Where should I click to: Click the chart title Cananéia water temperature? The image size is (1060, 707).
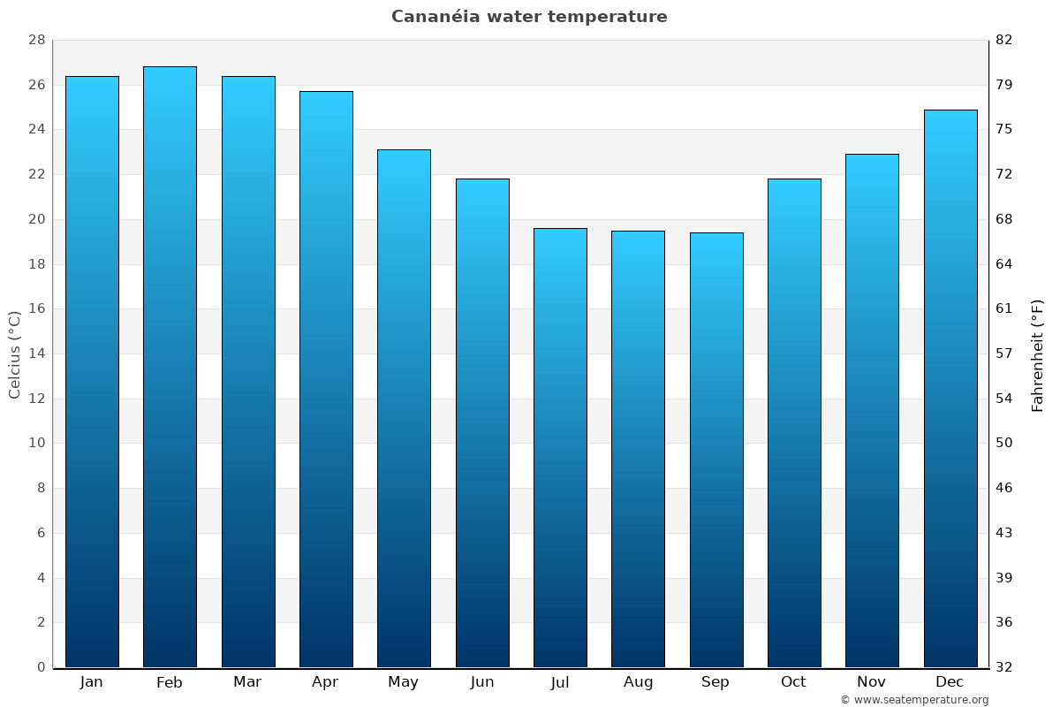coord(529,17)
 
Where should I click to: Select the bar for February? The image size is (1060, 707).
coord(170,367)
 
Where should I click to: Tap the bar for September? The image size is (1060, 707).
coord(716,450)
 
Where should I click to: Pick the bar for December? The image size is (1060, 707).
coord(950,389)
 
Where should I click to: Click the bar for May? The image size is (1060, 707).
coord(404,408)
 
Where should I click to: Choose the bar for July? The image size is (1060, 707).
coord(560,448)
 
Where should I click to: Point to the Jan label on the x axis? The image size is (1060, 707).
coord(91,682)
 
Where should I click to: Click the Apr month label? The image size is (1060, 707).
coord(325,682)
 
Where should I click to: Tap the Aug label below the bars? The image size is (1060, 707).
coord(638,682)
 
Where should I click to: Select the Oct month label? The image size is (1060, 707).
coord(793,682)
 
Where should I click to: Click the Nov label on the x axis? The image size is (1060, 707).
coord(872,682)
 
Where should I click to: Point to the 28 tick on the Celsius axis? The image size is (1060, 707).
coord(36,41)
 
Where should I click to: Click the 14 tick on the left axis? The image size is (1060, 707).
coord(36,353)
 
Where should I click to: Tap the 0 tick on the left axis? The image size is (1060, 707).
coord(41,667)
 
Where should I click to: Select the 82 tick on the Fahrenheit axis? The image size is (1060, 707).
coord(1004,41)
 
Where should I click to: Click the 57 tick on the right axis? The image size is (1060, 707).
coord(1004,353)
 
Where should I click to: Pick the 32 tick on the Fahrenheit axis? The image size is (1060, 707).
coord(1004,667)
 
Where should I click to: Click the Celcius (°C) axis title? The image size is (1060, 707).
coord(14,354)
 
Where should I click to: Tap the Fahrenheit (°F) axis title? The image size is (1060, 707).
coord(1037,355)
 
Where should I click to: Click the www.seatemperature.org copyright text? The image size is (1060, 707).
coord(914,700)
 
